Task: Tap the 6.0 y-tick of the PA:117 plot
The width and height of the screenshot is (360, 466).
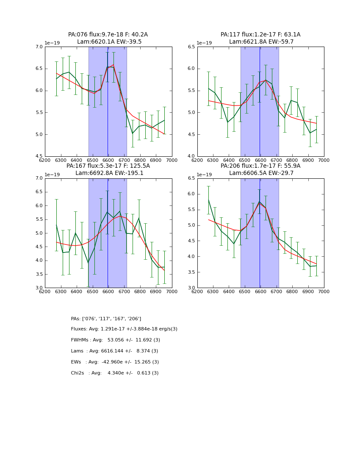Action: [191, 69]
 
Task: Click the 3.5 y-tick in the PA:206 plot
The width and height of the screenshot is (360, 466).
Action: [191, 272]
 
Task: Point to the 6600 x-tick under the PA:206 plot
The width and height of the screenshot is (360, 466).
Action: [260, 291]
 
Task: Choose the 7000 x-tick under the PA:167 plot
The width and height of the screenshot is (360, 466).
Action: [172, 291]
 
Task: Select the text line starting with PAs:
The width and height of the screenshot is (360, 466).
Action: [106, 319]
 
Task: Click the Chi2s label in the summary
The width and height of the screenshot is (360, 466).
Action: [79, 373]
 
